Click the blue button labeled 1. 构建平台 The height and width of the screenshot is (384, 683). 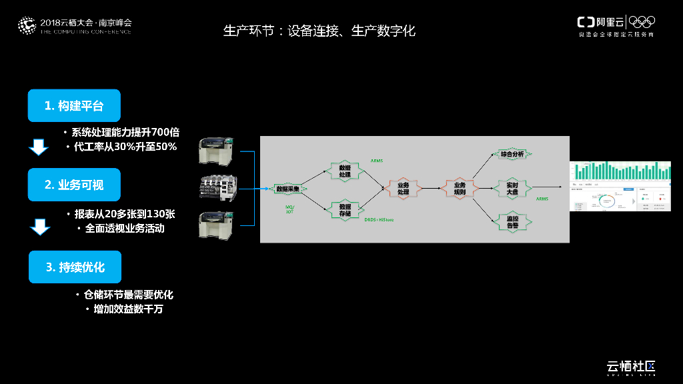point(74,105)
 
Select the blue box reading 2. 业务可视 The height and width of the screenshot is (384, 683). point(74,185)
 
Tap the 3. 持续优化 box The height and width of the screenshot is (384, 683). point(75,267)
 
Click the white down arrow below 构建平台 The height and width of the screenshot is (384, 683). point(39,147)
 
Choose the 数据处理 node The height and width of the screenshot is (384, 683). point(345,170)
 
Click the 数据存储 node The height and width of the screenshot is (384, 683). point(345,209)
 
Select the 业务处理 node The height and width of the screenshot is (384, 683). point(403,189)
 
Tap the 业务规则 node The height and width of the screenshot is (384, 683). point(460,189)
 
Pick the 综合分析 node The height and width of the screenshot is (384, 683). point(512,154)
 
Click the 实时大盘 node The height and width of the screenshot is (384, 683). point(512,189)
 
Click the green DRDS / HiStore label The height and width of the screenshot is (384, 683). point(379,219)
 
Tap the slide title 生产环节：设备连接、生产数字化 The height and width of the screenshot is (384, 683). point(319,31)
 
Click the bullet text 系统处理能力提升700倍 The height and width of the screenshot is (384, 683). point(125,132)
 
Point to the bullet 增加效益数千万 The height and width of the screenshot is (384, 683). point(128,309)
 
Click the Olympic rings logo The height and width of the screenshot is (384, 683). point(642,22)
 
